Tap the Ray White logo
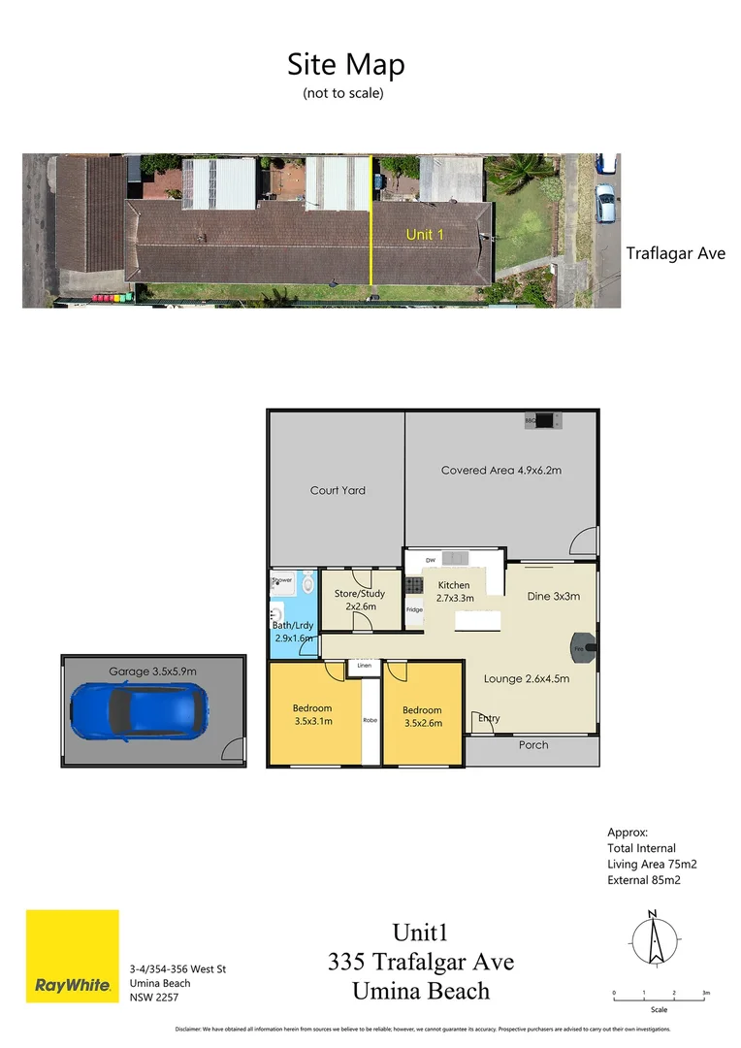[73, 956]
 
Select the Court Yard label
[338, 491]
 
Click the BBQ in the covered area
[544, 421]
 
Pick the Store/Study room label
[360, 600]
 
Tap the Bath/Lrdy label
[293, 632]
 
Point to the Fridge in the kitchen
[414, 609]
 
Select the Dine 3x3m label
[553, 596]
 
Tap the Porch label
[533, 745]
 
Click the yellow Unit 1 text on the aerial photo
[425, 234]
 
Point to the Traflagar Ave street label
[675, 254]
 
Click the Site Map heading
[345, 65]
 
